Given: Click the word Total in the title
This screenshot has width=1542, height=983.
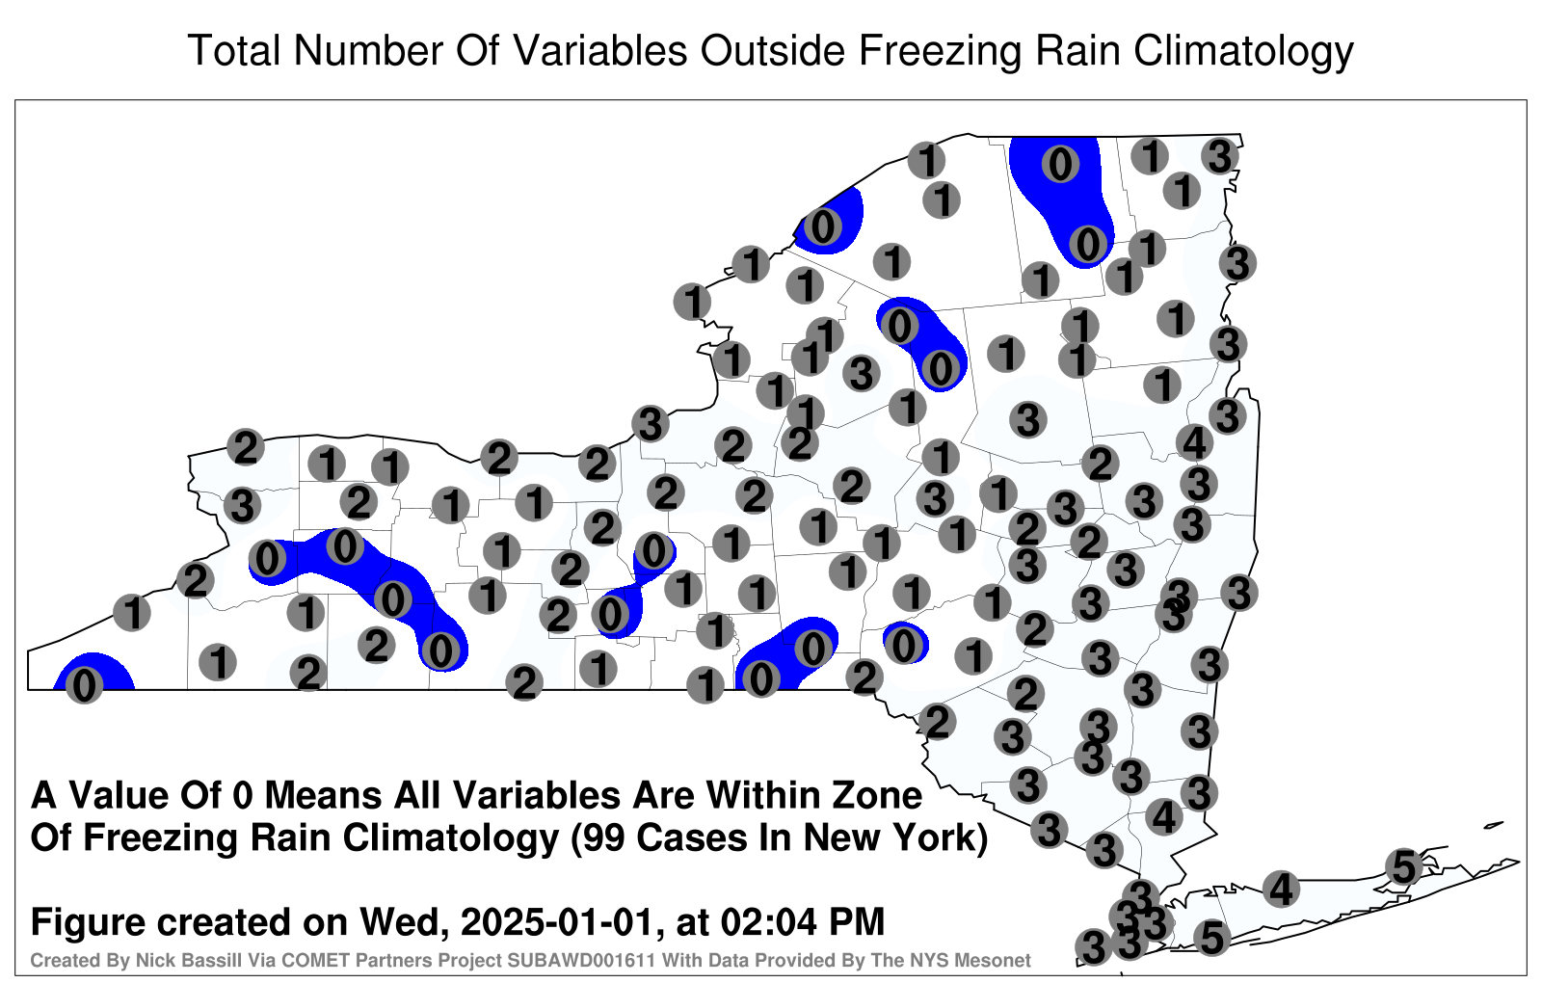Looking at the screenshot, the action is [234, 50].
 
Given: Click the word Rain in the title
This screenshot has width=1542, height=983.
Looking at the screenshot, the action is [1078, 50].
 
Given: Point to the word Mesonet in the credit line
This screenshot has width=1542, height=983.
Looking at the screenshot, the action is [998, 961].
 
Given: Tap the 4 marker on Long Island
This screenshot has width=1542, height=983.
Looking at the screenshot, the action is [1281, 889].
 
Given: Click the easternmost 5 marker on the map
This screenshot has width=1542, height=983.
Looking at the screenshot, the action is [1403, 866].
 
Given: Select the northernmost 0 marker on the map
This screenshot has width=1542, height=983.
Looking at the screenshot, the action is [1060, 164].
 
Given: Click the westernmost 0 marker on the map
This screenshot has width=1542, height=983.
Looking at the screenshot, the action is [84, 685].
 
